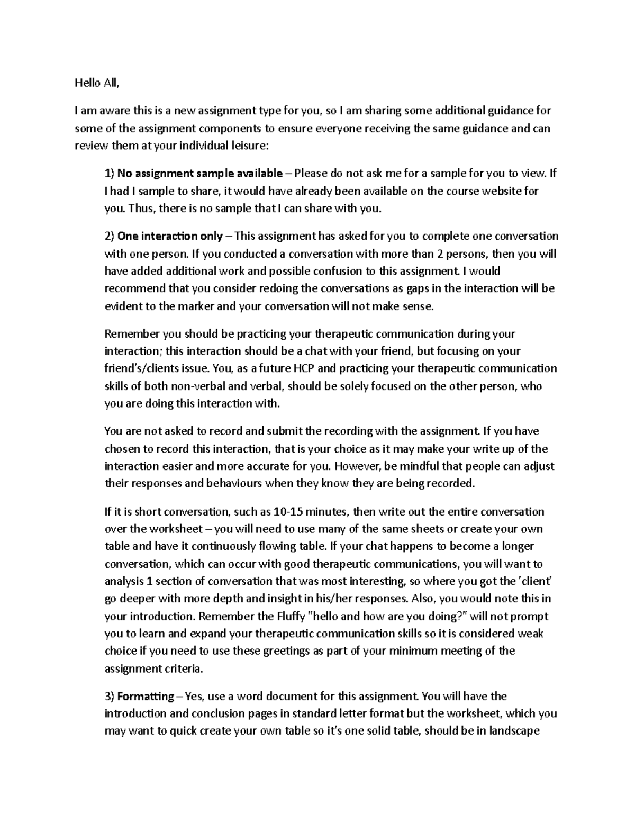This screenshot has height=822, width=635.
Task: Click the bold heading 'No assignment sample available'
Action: point(199,173)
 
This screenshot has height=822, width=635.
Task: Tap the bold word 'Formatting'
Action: point(146,696)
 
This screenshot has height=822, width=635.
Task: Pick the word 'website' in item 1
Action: point(502,191)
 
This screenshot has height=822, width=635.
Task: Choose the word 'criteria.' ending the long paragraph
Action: point(183,669)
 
